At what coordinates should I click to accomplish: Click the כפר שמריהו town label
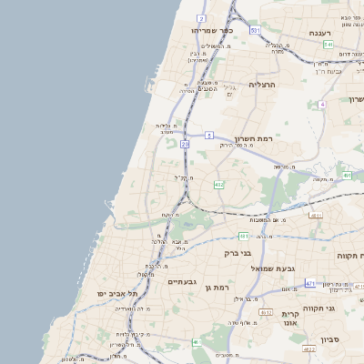pyautogui.click(x=213, y=30)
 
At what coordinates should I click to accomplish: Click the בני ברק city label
pyautogui.click(x=238, y=252)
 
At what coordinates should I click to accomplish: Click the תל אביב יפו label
pyautogui.click(x=120, y=295)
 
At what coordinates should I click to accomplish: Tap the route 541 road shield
pyautogui.click(x=328, y=45)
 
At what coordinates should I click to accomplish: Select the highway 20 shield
pyautogui.click(x=186, y=144)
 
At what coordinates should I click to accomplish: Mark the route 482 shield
pyautogui.click(x=218, y=184)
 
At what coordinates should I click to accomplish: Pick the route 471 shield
pyautogui.click(x=310, y=283)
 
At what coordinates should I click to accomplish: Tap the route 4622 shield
pyautogui.click(x=309, y=349)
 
